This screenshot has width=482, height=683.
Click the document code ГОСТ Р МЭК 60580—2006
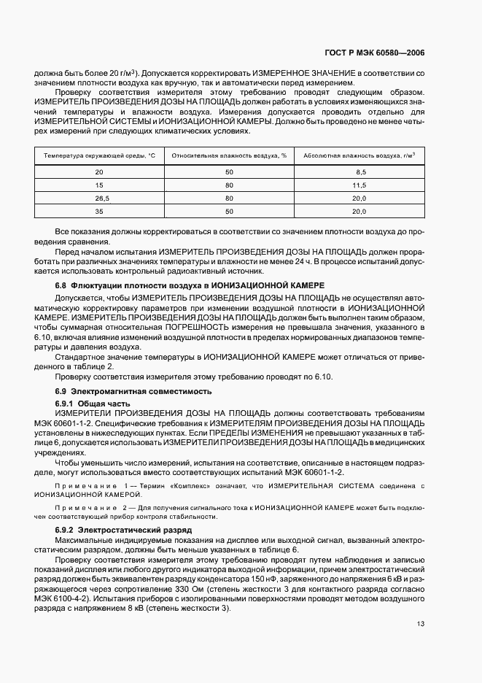click(374, 53)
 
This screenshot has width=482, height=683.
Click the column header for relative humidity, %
click(229, 155)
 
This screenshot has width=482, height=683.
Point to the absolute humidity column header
click(359, 155)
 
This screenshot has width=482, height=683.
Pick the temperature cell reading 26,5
click(100, 198)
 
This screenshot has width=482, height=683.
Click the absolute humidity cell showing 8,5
click(359, 171)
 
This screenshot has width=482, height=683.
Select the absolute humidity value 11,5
click(359, 185)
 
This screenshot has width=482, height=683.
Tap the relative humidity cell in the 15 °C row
click(229, 185)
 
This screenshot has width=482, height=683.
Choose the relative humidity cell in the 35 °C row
click(229, 211)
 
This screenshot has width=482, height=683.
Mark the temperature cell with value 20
click(100, 171)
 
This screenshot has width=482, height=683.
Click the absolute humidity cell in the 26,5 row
click(359, 198)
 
